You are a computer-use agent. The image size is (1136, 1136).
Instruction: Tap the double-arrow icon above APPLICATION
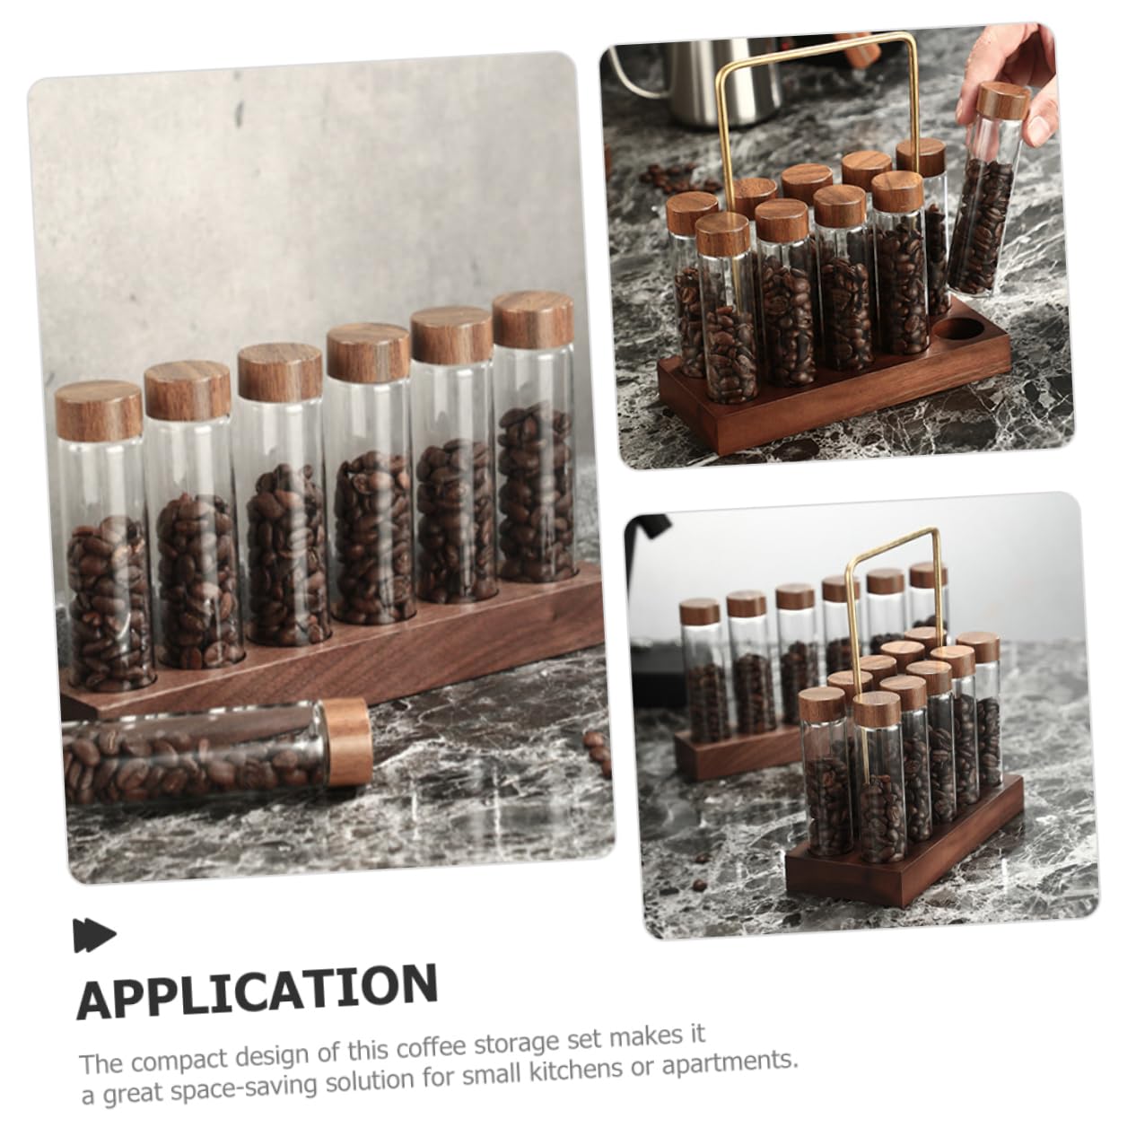[94, 935]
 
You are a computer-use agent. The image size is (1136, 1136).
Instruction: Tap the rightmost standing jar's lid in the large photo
[533, 319]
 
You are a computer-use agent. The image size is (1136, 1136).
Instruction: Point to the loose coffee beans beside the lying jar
[598, 752]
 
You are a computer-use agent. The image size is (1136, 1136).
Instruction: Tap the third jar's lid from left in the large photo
[281, 372]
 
